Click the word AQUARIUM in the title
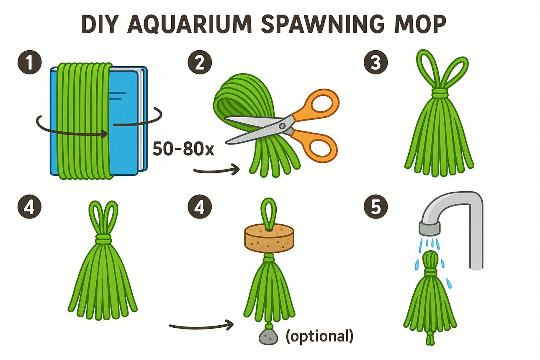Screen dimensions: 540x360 click(x=189, y=25)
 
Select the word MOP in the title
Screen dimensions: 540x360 click(x=420, y=24)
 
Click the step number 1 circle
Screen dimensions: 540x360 click(x=30, y=62)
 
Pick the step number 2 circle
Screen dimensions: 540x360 click(x=200, y=62)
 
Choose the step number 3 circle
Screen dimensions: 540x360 click(x=375, y=62)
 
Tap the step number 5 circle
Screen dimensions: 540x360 click(x=375, y=207)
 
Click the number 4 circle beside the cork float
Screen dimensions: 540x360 click(x=200, y=207)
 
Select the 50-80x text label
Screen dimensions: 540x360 click(x=183, y=149)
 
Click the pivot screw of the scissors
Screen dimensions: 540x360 click(x=282, y=126)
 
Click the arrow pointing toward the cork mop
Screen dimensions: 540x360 click(x=201, y=326)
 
